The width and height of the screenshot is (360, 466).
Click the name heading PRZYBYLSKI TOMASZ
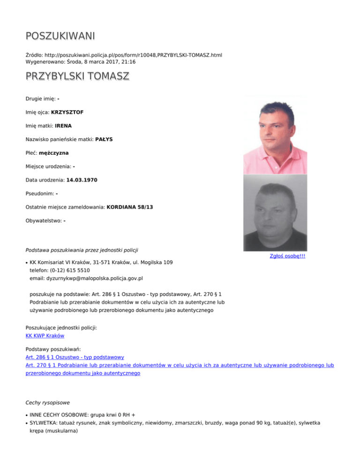point(77,76)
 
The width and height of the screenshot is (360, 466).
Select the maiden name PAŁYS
point(107,139)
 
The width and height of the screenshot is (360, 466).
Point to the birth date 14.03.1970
point(86,180)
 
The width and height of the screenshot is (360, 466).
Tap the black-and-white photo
point(275,213)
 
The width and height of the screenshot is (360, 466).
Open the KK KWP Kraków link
point(45,336)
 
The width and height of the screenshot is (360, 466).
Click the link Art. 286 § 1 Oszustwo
point(75,357)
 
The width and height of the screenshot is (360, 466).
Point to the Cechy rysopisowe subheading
point(48,402)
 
